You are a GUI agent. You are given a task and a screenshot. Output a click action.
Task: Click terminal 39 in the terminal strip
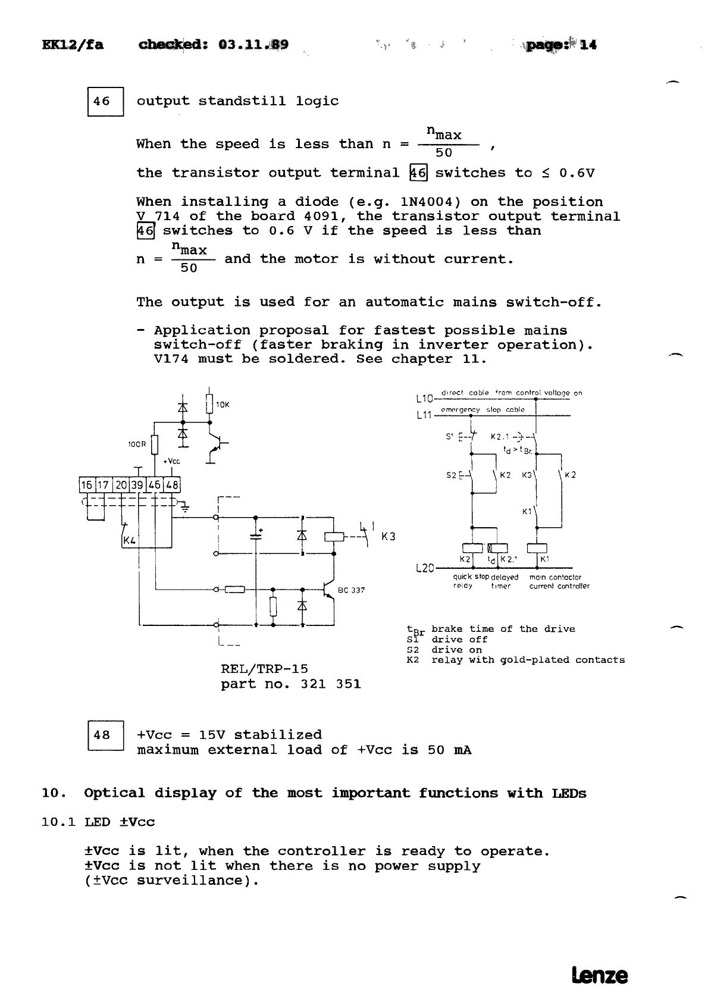[137, 485]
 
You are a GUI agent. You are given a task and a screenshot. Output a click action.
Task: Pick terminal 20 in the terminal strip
[121, 485]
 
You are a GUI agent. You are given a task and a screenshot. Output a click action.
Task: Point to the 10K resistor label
[223, 405]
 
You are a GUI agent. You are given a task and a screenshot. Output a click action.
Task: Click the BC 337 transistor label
[351, 590]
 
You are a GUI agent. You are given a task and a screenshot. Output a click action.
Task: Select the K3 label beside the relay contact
[388, 537]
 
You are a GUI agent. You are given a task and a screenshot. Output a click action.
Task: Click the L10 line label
[423, 397]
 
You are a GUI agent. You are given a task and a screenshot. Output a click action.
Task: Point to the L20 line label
[424, 568]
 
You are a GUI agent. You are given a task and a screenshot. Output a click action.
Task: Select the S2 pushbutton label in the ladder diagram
[452, 475]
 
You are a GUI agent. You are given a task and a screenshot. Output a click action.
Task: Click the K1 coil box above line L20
[537, 549]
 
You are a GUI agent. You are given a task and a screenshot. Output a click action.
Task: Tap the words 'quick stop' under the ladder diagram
[471, 577]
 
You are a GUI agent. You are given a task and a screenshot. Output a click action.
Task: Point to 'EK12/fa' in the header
[73, 45]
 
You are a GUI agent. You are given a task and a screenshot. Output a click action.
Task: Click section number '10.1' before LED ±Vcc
[58, 822]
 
